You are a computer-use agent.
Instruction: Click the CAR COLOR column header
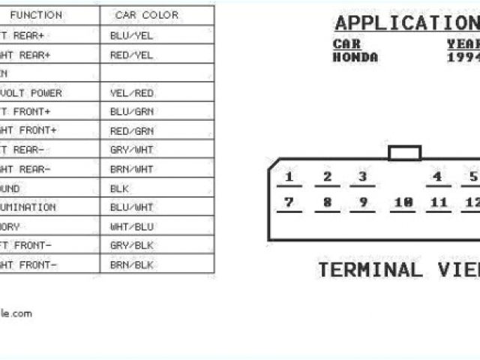146,15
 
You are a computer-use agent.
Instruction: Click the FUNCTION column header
36,15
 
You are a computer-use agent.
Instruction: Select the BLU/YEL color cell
131,34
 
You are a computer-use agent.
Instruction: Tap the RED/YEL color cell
131,55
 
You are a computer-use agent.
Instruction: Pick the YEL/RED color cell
131,93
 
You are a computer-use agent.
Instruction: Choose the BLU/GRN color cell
131,112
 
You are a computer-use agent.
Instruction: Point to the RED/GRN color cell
131,130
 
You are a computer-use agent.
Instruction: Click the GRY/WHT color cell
131,150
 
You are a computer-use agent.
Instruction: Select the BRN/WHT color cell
131,169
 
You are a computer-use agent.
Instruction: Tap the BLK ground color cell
120,188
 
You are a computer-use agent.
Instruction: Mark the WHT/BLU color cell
131,226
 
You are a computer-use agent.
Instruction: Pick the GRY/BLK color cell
131,245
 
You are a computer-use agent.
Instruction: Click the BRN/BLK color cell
131,265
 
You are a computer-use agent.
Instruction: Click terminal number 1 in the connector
289,178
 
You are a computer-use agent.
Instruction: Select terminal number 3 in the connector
362,178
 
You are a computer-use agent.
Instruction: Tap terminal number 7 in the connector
289,202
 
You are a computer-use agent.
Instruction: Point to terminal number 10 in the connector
403,202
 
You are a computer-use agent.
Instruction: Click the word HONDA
355,57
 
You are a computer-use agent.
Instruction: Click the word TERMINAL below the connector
370,270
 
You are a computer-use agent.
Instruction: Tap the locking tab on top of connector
404,153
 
